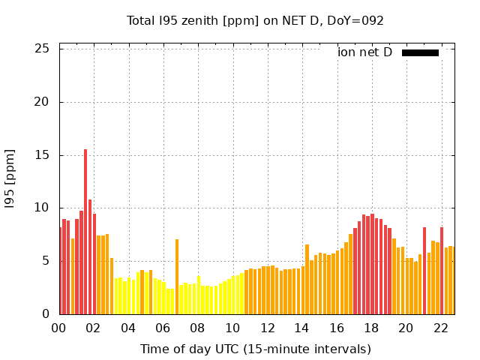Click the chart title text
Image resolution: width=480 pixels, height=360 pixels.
pos(255,20)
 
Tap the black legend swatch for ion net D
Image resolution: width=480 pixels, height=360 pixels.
pos(420,52)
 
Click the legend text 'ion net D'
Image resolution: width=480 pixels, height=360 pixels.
pos(364,52)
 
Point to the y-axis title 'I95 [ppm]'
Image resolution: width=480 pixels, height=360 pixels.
pos(10,178)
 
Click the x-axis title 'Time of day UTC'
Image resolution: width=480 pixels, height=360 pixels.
pos(255,349)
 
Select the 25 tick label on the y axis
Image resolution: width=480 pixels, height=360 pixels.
pos(42,49)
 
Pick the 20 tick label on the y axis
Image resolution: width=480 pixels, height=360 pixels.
pos(42,102)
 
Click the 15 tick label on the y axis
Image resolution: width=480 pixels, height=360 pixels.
pos(42,155)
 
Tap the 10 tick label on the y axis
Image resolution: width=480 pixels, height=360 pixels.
pos(42,208)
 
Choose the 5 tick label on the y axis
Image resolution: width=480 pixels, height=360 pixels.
pos(46,261)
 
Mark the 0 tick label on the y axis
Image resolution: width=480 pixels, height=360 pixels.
pos(46,314)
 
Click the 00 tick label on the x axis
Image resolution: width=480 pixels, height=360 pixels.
pos(59,328)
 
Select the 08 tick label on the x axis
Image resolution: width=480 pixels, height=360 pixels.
pos(197,328)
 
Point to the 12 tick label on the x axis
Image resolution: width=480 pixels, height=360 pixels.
pos(267,328)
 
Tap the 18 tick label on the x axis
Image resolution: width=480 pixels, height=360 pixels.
pos(370,328)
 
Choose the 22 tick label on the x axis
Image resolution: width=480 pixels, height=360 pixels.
pos(440,328)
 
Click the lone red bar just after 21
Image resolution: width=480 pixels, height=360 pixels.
pos(424,271)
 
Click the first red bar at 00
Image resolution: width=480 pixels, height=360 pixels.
pos(61,271)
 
